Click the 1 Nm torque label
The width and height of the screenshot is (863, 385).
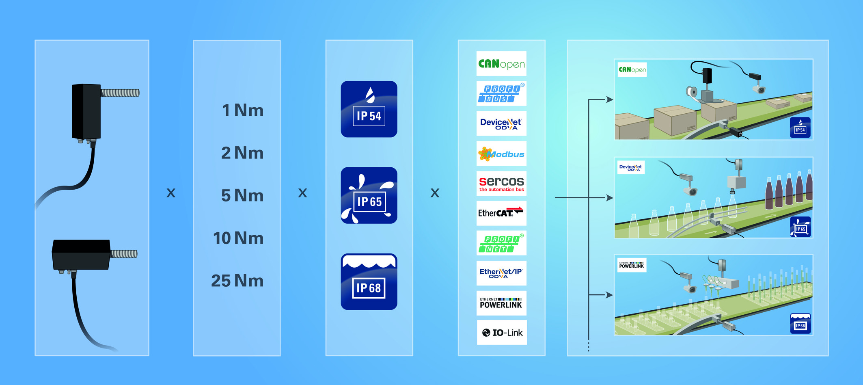242,110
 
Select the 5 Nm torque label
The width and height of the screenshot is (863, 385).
242,196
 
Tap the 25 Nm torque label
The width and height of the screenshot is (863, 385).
237,281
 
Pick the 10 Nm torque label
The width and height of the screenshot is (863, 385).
238,238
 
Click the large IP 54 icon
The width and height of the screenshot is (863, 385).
369,109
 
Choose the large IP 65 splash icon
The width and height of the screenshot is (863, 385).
369,195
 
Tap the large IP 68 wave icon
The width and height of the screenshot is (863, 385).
369,282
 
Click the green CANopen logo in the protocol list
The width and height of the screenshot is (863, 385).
501,64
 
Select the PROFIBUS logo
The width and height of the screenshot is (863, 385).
501,93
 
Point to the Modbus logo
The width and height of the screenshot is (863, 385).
501,154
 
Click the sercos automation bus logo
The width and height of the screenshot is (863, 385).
501,184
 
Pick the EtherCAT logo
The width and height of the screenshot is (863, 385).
501,213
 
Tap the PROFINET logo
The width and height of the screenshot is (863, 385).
501,243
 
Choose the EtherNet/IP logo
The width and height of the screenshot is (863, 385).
501,273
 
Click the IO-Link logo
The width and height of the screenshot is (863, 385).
502,333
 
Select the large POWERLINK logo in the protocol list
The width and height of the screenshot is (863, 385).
501,303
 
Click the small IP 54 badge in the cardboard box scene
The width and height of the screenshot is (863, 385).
800,128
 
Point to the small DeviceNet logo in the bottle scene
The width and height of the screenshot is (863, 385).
630,167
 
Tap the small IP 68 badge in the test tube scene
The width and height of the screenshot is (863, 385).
800,324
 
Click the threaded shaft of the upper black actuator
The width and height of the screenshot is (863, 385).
120,93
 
